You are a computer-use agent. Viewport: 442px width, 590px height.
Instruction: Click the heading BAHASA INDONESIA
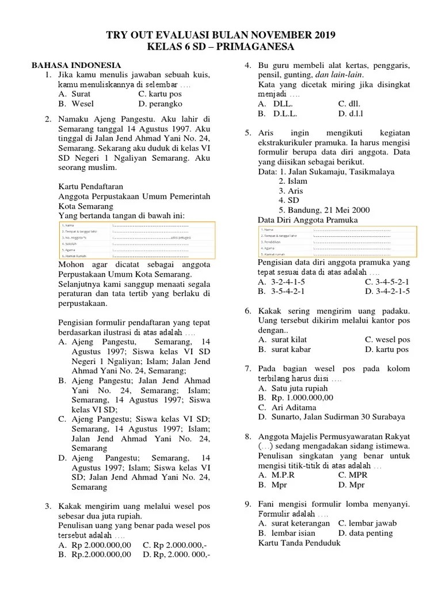(x=76, y=65)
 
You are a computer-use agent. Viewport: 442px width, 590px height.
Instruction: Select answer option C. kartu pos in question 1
(x=160, y=94)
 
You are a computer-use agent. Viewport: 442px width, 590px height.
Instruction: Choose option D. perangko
(x=161, y=104)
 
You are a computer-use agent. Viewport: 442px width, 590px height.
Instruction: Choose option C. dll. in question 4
(x=349, y=104)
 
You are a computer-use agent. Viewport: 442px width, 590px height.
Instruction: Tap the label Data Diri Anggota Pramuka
(x=307, y=220)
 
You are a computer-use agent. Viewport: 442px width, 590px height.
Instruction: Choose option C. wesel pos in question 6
(x=386, y=339)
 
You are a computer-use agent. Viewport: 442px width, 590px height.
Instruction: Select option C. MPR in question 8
(x=352, y=475)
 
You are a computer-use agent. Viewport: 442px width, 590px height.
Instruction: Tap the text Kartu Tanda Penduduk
(x=299, y=543)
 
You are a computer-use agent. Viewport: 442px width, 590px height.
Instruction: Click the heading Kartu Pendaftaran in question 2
(x=91, y=186)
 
